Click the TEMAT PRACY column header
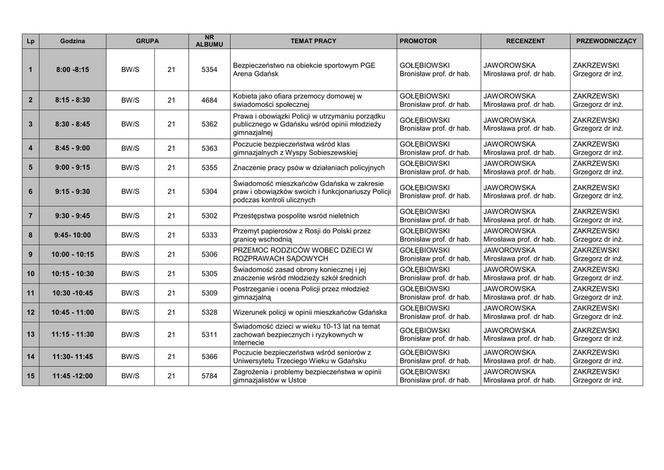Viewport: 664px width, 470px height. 313,41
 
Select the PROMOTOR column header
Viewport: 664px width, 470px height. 418,41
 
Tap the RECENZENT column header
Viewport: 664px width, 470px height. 525,41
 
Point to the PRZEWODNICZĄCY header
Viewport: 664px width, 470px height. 606,41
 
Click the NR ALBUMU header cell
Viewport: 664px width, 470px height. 209,41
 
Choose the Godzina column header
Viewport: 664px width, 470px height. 73,41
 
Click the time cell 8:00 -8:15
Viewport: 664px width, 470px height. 73,69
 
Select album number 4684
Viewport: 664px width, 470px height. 209,100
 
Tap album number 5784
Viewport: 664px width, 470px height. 209,375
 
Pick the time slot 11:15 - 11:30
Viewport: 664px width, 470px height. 73,335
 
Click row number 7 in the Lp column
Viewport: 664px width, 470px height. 30,216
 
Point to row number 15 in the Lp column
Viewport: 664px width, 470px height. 30,375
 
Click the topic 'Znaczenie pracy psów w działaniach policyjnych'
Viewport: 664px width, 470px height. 308,167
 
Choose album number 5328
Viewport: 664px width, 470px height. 209,312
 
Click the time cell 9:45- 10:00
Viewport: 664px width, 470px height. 73,235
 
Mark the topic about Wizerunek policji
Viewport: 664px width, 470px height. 309,312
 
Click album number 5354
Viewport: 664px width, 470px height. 209,69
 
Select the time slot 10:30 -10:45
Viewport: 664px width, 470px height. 73,293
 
